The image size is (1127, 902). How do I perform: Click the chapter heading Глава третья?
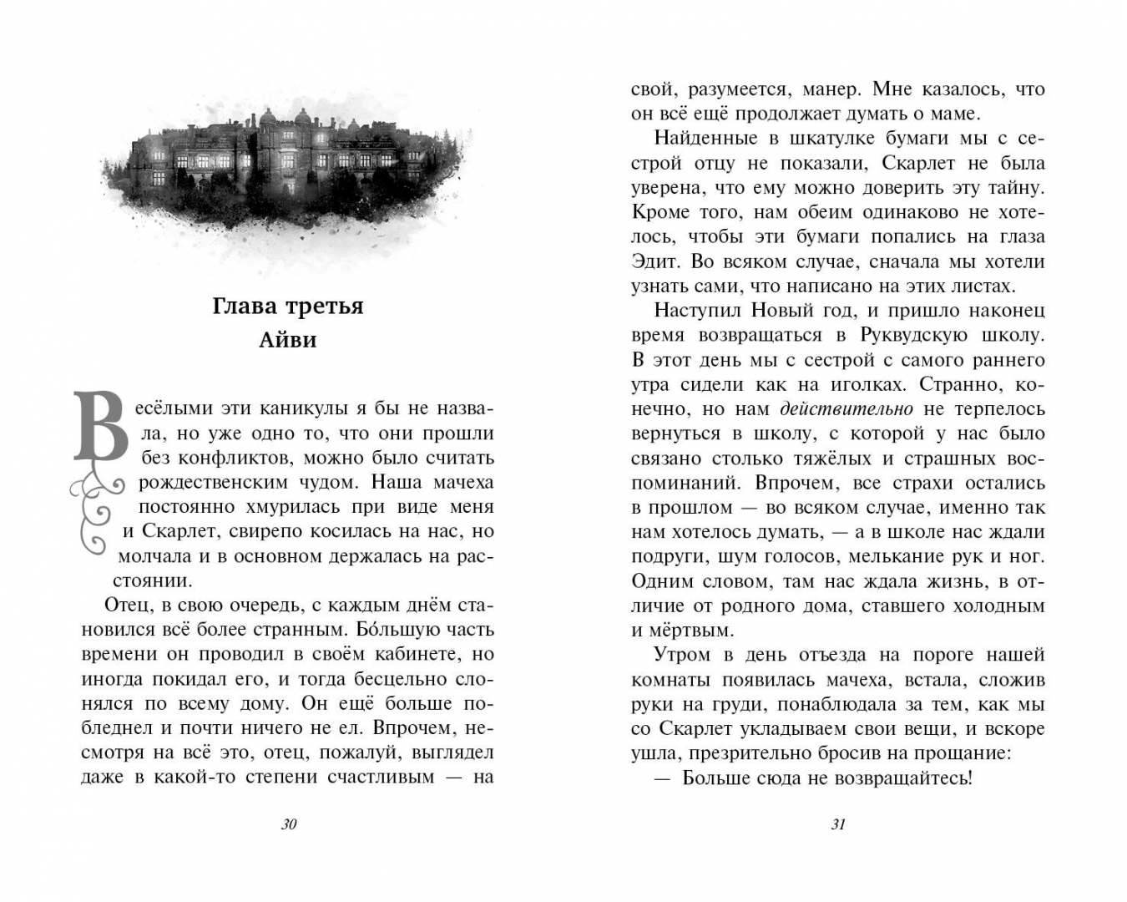point(288,306)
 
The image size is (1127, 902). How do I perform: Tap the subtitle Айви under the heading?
point(288,340)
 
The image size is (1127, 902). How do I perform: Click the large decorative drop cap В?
point(101,428)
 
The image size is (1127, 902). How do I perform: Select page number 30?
point(289,824)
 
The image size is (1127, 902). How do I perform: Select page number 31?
point(838,824)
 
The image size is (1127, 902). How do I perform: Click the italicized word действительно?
point(847,409)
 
